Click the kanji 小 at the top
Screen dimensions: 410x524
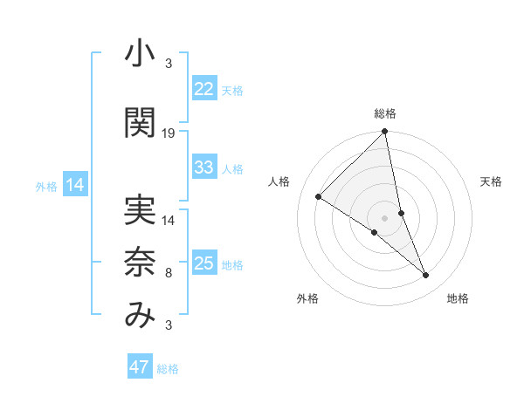(x=140, y=56)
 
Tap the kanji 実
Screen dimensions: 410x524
(x=140, y=208)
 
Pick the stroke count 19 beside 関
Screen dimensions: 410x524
(x=169, y=133)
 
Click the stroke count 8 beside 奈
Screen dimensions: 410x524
(x=169, y=273)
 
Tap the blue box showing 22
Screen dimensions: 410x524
(x=204, y=89)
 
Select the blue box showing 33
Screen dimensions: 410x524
(x=204, y=167)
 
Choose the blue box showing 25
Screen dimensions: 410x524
(x=204, y=263)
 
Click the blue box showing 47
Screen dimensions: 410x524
(x=140, y=367)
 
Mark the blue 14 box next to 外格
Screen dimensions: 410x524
(x=75, y=185)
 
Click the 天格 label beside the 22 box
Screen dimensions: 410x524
(x=232, y=91)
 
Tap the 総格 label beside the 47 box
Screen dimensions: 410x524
(x=168, y=369)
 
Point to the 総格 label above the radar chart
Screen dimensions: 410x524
(x=385, y=113)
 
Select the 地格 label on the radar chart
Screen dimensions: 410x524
(x=458, y=298)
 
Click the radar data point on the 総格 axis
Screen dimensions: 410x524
(x=385, y=133)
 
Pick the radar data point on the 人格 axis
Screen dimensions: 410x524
(x=319, y=196)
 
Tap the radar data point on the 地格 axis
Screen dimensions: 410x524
(x=426, y=276)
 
